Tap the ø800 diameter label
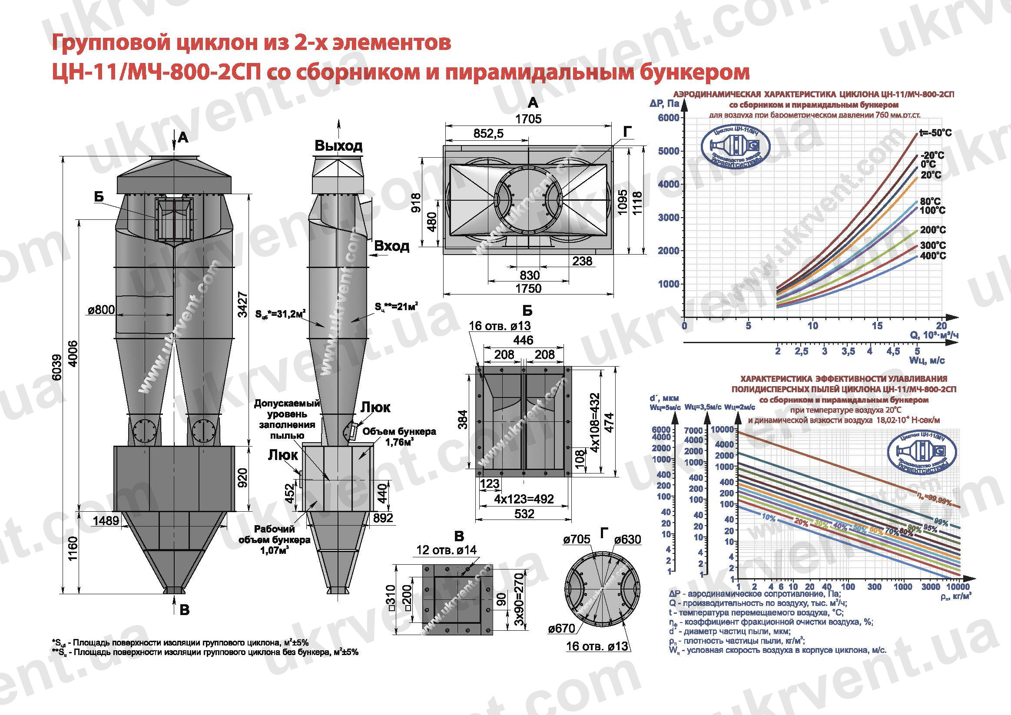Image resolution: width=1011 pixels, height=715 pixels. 101,310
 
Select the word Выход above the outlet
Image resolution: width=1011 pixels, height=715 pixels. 338,146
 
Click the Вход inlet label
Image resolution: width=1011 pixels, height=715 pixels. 391,246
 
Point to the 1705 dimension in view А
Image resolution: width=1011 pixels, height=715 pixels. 528,119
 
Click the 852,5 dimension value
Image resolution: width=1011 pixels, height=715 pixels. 488,133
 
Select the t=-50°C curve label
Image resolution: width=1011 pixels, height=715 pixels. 935,133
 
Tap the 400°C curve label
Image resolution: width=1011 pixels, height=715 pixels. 933,256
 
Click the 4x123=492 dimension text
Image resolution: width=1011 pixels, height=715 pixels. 524,499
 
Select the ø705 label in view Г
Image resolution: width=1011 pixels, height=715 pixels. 577,540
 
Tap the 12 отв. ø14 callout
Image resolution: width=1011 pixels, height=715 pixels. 446,550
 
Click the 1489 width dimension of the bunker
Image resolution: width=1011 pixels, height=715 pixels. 106,521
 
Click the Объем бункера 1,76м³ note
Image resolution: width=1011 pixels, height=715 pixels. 399,437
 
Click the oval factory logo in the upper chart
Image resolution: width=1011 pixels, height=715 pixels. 735,149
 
